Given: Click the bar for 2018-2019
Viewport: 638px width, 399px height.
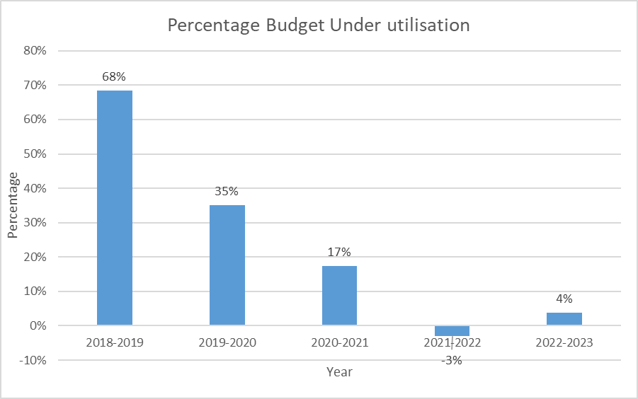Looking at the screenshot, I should pyautogui.click(x=115, y=208).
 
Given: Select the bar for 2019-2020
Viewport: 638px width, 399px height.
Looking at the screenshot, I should pyautogui.click(x=227, y=265).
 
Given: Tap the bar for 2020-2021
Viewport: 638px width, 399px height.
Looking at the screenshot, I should pyautogui.click(x=339, y=296).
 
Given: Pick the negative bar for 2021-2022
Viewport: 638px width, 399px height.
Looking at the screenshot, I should pyautogui.click(x=452, y=331).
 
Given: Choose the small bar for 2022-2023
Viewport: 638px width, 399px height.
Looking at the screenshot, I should pyautogui.click(x=564, y=319).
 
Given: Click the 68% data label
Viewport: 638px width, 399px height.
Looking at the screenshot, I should pyautogui.click(x=115, y=76).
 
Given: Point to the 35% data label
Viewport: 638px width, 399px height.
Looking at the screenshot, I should pyautogui.click(x=227, y=191).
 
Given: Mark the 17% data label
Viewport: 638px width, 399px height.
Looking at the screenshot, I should pyautogui.click(x=339, y=252).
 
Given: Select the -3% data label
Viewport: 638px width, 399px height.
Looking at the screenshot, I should pyautogui.click(x=452, y=360).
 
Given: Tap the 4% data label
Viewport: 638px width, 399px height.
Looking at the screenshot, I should pyautogui.click(x=564, y=299).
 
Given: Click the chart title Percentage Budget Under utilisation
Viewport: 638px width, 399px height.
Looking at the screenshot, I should pyautogui.click(x=319, y=25).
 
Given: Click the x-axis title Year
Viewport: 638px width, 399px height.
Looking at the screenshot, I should pyautogui.click(x=339, y=371).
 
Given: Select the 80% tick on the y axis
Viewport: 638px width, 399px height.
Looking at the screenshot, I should pyautogui.click(x=35, y=51).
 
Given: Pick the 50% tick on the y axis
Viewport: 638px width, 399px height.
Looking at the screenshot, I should pyautogui.click(x=35, y=154).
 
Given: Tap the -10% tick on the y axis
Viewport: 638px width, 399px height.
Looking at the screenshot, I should pyautogui.click(x=33, y=361).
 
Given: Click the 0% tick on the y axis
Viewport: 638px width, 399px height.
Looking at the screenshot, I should pyautogui.click(x=38, y=326).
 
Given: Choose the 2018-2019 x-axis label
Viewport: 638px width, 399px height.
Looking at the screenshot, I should pyautogui.click(x=115, y=343).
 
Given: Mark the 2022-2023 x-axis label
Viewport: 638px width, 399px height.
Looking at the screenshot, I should pyautogui.click(x=564, y=343).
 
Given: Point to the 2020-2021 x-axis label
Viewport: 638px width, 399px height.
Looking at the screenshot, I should pyautogui.click(x=339, y=343).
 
